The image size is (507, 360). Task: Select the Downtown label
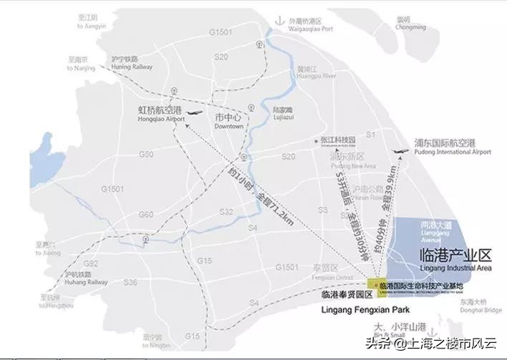(229, 121)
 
